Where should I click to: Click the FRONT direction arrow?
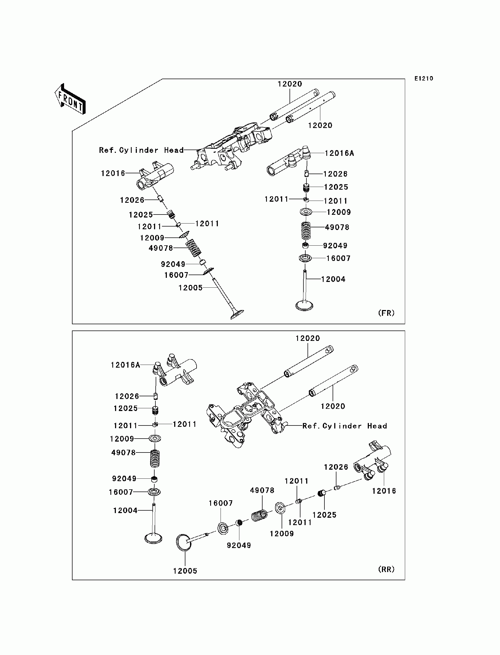tap(70, 99)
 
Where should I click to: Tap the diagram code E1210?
tap(424, 78)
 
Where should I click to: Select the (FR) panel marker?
tap(386, 313)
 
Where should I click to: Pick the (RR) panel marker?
tap(386, 569)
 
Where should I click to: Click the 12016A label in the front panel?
tap(339, 153)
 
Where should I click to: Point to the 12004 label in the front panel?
tap(333, 279)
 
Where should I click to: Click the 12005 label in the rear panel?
tap(185, 571)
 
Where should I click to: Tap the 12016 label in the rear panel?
tap(384, 491)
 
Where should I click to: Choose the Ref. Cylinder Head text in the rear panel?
tap(345, 426)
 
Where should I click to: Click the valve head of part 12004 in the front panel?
tap(304, 306)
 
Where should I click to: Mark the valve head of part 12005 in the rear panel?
tap(183, 543)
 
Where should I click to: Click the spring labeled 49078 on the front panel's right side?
tap(306, 231)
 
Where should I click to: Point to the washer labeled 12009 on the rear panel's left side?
tap(155, 439)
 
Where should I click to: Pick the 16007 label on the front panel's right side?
tap(338, 258)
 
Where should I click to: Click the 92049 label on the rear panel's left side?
tap(124, 478)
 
